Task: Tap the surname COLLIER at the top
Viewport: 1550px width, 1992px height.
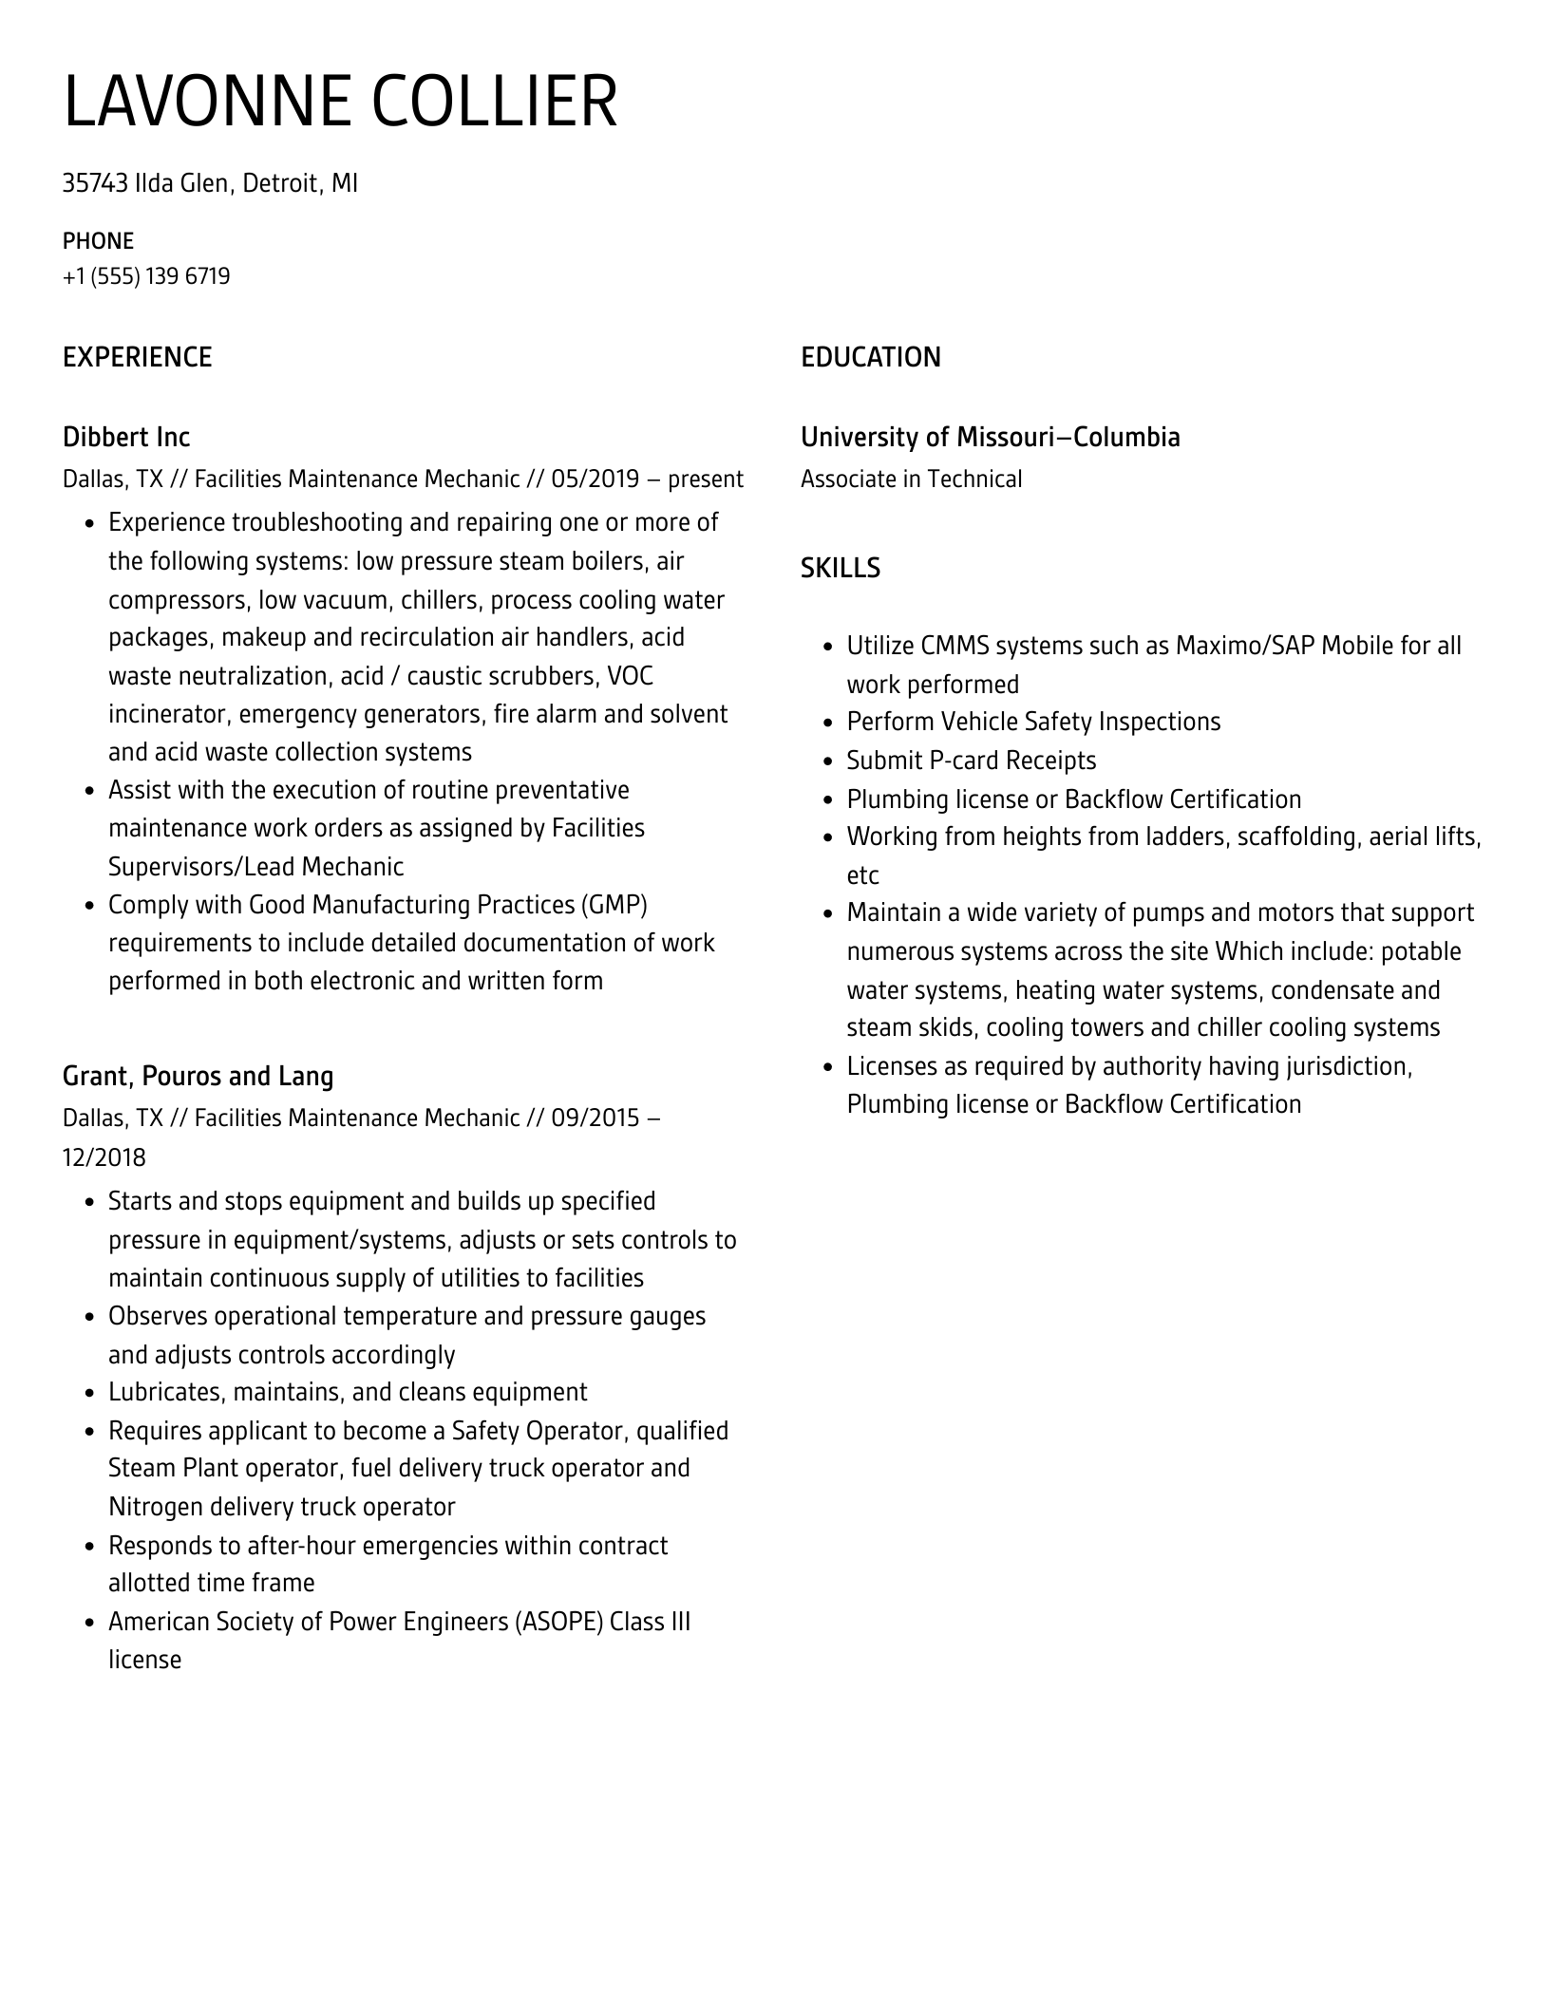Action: [x=494, y=102]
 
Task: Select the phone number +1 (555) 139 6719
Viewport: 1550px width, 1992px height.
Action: [x=146, y=276]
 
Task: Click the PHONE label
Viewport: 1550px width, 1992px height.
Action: [x=98, y=240]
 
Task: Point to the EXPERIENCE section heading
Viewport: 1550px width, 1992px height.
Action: [x=137, y=357]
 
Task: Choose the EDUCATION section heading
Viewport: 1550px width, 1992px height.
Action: [x=870, y=357]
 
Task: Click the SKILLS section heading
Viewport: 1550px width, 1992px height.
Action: [x=840, y=568]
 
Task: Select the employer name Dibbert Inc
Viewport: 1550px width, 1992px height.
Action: [x=125, y=437]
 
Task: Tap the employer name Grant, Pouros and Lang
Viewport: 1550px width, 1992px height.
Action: [x=198, y=1076]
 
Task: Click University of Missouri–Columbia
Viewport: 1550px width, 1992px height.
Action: [x=990, y=437]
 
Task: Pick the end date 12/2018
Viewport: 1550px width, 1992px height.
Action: [x=104, y=1156]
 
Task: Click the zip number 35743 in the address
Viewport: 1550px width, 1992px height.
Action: [x=95, y=182]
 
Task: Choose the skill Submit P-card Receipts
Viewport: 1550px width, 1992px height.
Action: [x=971, y=761]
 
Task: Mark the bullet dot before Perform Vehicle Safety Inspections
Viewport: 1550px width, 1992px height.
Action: [x=827, y=724]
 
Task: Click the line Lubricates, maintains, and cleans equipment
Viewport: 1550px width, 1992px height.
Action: [x=348, y=1392]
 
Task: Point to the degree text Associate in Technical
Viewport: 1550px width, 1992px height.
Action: [x=911, y=479]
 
